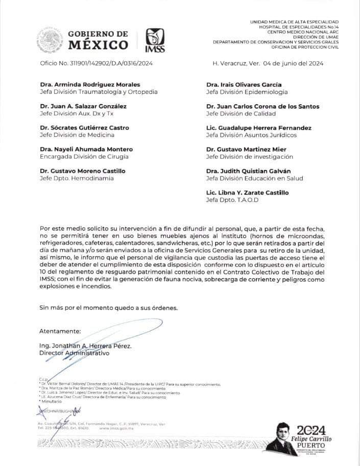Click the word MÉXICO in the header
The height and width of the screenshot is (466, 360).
pyautogui.click(x=98, y=45)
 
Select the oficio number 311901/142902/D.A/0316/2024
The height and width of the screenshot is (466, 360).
pyautogui.click(x=96, y=64)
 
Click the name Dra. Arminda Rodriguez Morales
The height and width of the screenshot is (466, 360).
pyautogui.click(x=90, y=85)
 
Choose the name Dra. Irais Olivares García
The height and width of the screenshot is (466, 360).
pyautogui.click(x=244, y=85)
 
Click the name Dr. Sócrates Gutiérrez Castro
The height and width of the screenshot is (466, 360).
pyautogui.click(x=84, y=128)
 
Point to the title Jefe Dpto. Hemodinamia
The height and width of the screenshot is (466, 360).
pyautogui.click(x=76, y=178)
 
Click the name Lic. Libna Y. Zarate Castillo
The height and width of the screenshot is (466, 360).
pyautogui.click(x=247, y=192)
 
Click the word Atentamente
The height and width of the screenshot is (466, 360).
pyautogui.click(x=60, y=331)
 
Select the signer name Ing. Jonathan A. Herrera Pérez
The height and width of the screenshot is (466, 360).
pyautogui.click(x=85, y=346)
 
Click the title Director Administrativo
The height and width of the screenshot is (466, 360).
pyautogui.click(x=74, y=353)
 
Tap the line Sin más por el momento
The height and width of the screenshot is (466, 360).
pyautogui.click(x=109, y=308)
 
